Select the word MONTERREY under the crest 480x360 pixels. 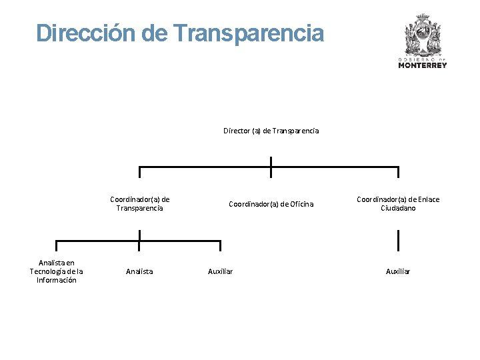click(x=423, y=65)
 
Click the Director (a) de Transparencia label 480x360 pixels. click(x=271, y=131)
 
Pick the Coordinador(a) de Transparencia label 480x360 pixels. click(x=139, y=203)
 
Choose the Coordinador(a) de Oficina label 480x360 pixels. click(x=271, y=204)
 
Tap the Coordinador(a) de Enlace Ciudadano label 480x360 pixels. click(x=398, y=203)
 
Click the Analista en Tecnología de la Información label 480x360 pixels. click(x=57, y=271)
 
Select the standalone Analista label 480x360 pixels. click(x=139, y=271)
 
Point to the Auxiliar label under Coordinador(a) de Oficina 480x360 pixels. click(x=220, y=271)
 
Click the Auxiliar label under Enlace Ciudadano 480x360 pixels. click(x=398, y=271)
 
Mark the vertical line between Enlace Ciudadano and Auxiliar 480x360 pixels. click(x=398, y=240)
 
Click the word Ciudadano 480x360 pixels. click(x=398, y=208)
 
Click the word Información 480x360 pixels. click(x=57, y=280)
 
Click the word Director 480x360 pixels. click(x=237, y=131)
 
